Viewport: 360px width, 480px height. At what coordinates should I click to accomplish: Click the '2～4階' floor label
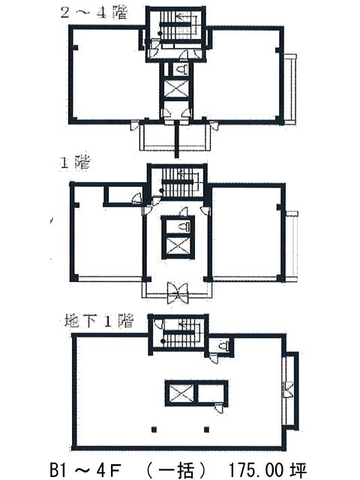tap(93, 13)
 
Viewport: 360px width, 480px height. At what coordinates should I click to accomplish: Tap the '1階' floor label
tap(75, 163)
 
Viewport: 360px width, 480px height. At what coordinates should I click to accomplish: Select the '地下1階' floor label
tap(99, 321)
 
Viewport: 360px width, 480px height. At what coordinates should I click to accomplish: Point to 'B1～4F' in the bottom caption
tap(85, 470)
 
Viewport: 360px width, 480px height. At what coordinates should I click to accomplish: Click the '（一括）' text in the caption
tap(176, 470)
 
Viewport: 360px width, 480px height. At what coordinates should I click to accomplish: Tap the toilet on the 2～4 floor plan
tap(182, 69)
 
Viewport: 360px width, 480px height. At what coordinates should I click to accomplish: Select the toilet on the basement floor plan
tap(224, 346)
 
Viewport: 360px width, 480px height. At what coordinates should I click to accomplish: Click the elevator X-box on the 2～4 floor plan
tap(177, 88)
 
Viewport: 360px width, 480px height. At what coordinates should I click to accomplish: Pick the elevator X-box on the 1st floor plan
tap(178, 245)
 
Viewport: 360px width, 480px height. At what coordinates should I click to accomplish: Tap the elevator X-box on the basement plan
tap(181, 394)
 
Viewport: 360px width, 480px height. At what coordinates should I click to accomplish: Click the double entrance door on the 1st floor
tap(177, 292)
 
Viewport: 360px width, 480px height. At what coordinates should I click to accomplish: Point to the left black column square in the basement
tap(154, 430)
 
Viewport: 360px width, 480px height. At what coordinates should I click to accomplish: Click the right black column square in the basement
tap(207, 430)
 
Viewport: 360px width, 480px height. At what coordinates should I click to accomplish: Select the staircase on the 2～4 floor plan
tap(177, 27)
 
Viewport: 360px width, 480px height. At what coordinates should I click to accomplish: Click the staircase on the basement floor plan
tap(180, 333)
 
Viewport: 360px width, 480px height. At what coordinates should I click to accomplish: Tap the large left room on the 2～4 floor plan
tap(106, 75)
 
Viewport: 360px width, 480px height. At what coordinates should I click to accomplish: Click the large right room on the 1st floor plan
tap(247, 232)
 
